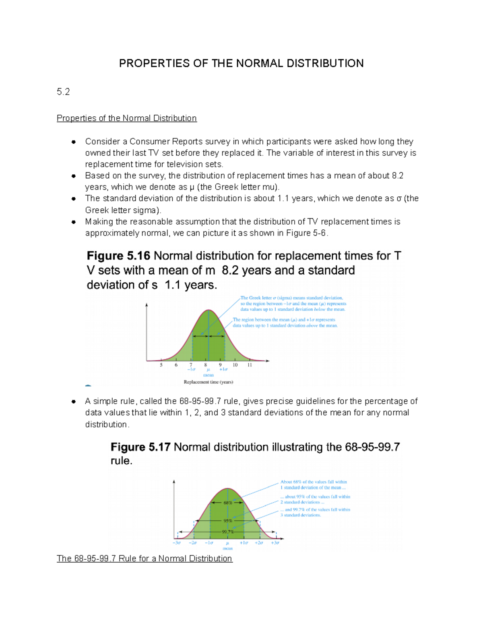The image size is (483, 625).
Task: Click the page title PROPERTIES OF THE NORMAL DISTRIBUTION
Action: coord(241,64)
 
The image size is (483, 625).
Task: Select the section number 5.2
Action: coord(63,92)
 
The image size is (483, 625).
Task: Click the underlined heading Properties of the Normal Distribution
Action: coord(126,118)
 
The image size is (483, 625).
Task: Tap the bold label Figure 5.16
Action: coord(118,256)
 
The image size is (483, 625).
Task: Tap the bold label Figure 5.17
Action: coord(140,447)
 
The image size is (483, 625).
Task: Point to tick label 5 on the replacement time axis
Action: coord(161,365)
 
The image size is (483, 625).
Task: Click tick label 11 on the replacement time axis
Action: coord(250,365)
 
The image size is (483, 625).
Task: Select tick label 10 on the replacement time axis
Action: coord(235,365)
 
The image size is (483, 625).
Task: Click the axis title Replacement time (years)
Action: coord(208,382)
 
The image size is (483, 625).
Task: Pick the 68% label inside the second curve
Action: coord(228,503)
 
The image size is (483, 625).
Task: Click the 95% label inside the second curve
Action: coord(228,521)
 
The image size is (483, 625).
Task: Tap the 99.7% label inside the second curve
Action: coord(228,532)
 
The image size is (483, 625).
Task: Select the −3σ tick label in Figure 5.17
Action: coord(177,543)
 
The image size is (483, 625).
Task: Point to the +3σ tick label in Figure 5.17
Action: coord(275,543)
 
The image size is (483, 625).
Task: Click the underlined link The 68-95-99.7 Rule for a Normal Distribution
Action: coord(144,559)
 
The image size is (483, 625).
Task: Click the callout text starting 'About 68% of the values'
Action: coord(313,485)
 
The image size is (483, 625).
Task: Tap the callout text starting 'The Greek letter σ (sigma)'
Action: coord(293,304)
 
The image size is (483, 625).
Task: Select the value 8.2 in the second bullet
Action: coord(397,176)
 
